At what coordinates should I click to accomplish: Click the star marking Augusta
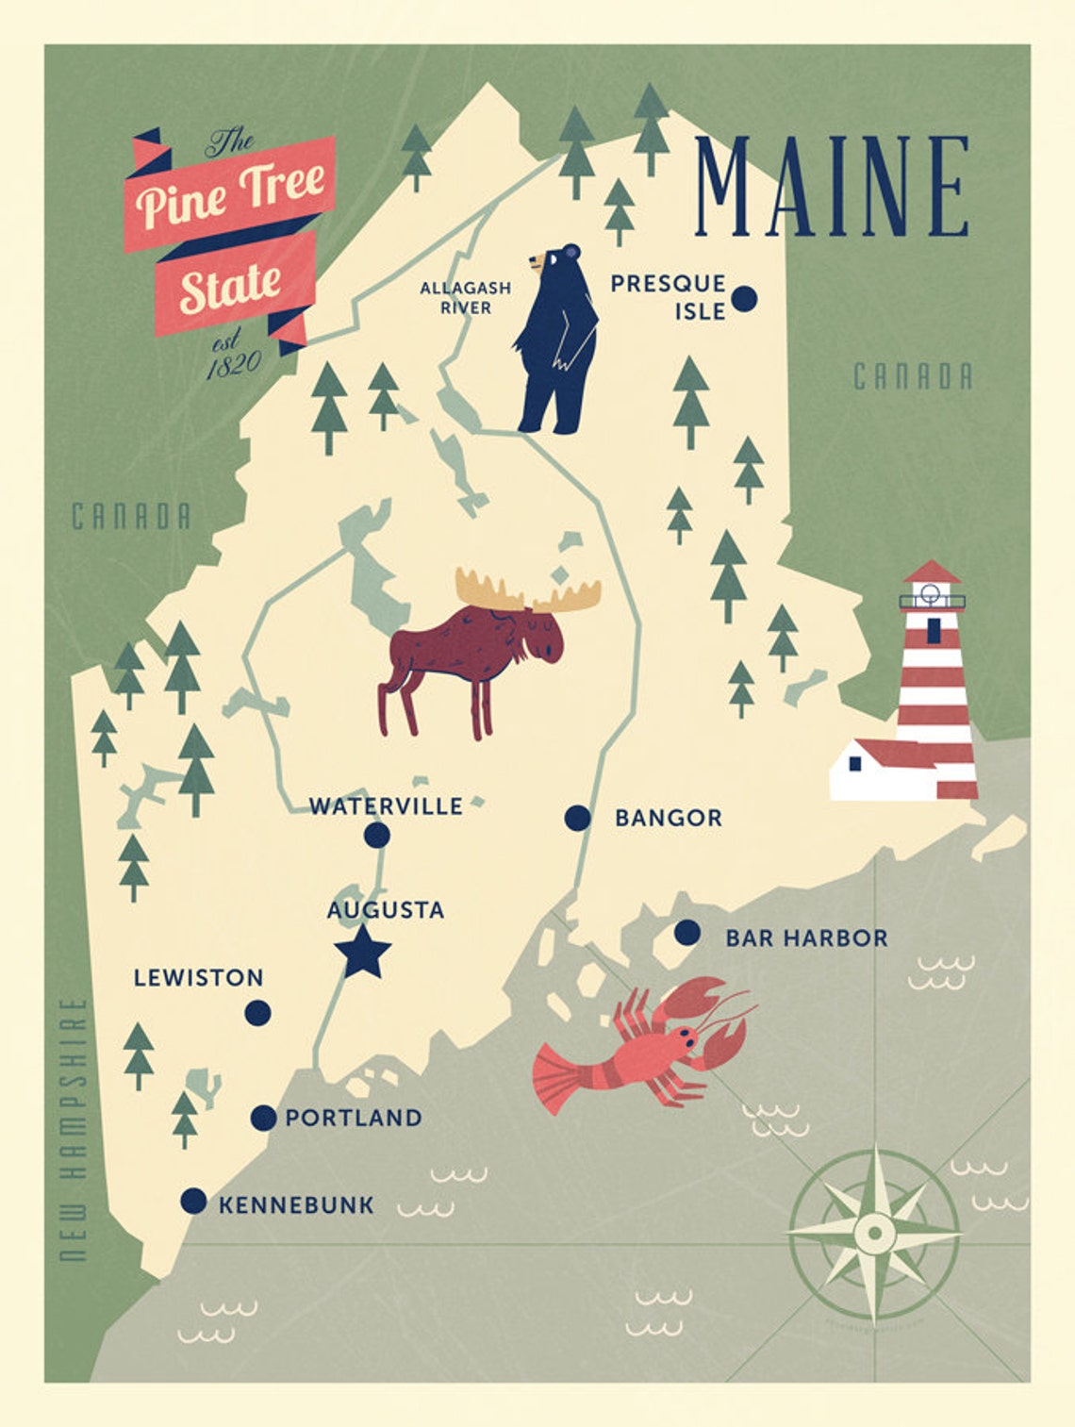coord(362,953)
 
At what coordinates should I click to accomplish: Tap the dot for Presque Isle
coord(744,299)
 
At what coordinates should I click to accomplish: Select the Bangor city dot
coord(577,818)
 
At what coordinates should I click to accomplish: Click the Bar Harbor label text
coord(806,938)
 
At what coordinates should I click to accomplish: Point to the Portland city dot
coord(263,1118)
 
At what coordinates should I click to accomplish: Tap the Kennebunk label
coord(296,1204)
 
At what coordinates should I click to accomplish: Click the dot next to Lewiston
coord(257,1013)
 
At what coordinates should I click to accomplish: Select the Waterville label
coord(386,806)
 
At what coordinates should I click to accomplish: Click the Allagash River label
coord(465,297)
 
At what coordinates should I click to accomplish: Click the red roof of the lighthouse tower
coord(931,572)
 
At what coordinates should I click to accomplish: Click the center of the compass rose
coord(874,1233)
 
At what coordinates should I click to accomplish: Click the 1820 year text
coord(232,365)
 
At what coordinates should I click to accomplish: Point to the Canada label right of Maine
coord(912,376)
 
